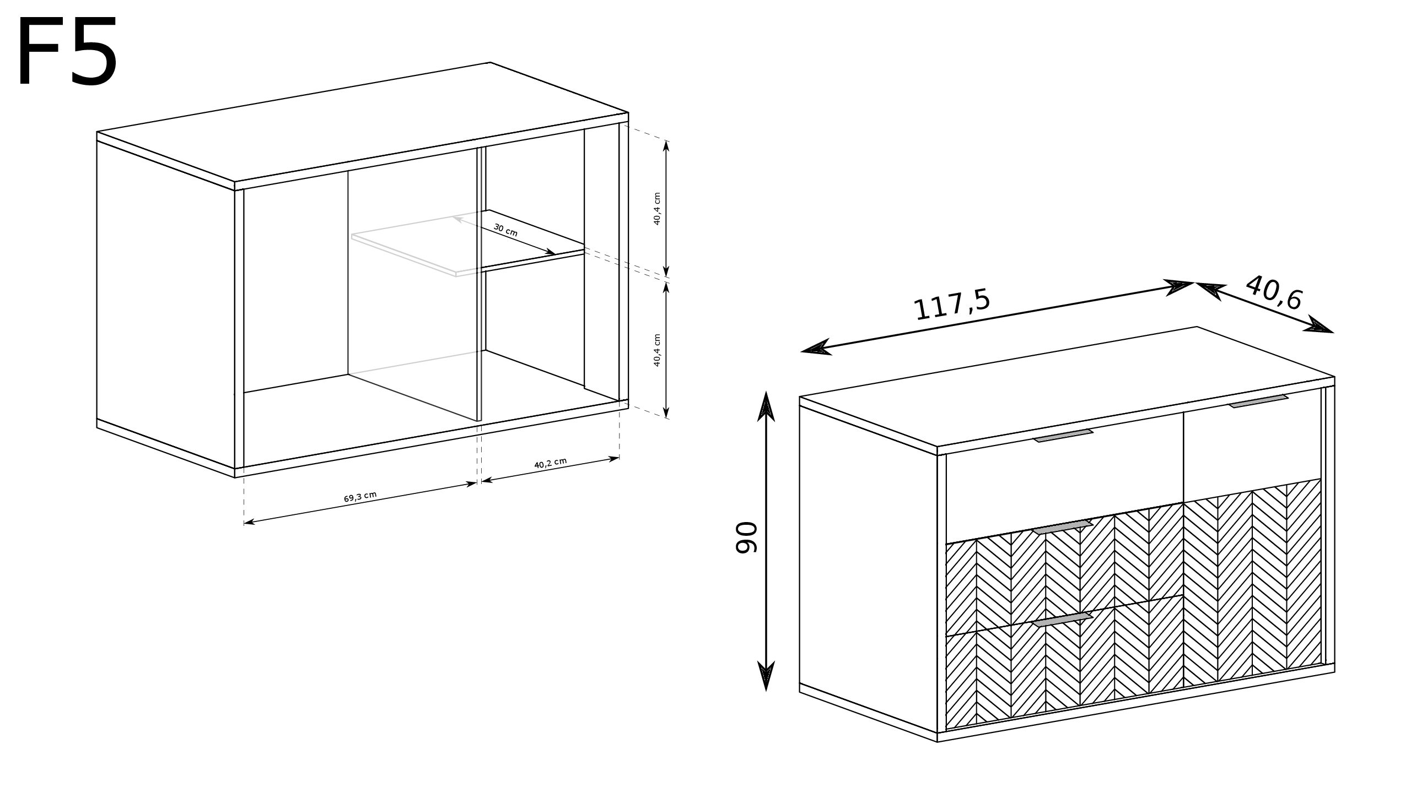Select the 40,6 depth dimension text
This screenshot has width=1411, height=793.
pyautogui.click(x=1274, y=293)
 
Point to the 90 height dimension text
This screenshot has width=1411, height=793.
pyautogui.click(x=747, y=538)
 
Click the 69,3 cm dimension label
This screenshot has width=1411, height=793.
pyautogui.click(x=360, y=497)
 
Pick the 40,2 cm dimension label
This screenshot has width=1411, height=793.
pyautogui.click(x=551, y=463)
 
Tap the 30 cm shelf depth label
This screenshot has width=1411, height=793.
pyautogui.click(x=505, y=230)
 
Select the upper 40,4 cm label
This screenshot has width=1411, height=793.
pyautogui.click(x=657, y=209)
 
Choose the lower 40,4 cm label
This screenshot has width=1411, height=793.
pyautogui.click(x=657, y=350)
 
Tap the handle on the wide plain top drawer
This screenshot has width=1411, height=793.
pyautogui.click(x=1063, y=436)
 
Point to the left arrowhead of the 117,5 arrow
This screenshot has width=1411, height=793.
pyautogui.click(x=816, y=347)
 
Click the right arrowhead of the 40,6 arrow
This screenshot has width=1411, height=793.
pyautogui.click(x=1318, y=325)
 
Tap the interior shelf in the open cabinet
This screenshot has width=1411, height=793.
pyautogui.click(x=468, y=243)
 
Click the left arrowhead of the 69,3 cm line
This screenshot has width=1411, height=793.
pyautogui.click(x=249, y=522)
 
